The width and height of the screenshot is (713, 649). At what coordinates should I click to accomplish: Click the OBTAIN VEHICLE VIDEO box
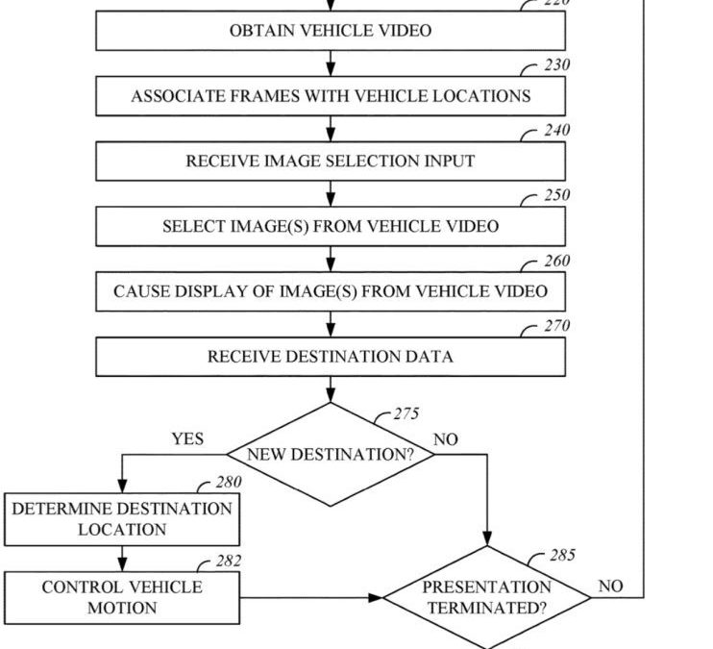click(331, 31)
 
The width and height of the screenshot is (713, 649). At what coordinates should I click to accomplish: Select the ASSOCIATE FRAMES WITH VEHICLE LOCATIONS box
click(331, 96)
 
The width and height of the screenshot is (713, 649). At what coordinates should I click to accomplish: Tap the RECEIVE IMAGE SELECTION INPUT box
click(331, 162)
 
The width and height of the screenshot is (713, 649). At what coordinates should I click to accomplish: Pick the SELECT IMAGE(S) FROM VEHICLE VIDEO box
click(331, 227)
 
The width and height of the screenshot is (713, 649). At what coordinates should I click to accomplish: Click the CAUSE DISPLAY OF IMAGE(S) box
click(331, 291)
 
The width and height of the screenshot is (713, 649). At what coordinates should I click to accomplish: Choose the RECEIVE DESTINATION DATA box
click(331, 357)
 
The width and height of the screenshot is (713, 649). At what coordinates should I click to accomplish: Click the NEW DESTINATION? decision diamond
click(331, 455)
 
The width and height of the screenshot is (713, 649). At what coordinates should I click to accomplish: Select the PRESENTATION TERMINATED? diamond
click(488, 597)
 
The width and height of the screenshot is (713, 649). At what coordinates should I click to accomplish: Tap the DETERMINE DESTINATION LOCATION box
click(122, 519)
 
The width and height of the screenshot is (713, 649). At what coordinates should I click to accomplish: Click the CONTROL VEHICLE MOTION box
click(122, 597)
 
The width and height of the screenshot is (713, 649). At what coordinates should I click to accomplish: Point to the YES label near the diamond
click(187, 439)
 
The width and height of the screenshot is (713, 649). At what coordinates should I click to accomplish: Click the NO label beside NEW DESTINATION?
click(446, 439)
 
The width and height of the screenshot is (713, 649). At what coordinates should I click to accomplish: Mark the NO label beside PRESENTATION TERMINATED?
click(610, 586)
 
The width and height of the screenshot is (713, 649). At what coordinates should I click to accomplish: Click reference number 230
click(556, 65)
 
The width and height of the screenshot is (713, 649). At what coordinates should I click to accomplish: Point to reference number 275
click(406, 415)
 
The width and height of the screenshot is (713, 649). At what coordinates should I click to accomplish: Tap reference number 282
click(229, 562)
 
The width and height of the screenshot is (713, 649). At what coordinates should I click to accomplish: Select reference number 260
click(556, 261)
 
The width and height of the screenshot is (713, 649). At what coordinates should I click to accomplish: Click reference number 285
click(562, 556)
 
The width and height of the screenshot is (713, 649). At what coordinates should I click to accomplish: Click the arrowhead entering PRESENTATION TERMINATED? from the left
click(376, 597)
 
